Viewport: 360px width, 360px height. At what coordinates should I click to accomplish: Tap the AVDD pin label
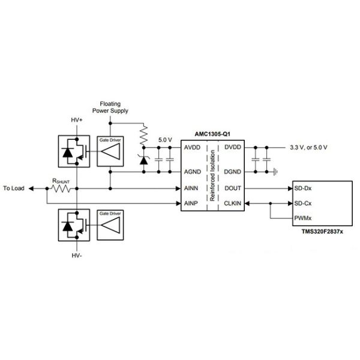192,148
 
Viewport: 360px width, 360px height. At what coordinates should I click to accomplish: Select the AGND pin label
192,171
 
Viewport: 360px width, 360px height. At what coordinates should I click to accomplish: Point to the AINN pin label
191,188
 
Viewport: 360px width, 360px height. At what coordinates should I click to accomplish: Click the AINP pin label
191,203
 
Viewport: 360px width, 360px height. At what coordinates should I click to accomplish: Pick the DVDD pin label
232,148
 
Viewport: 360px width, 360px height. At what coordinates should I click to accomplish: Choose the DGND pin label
232,171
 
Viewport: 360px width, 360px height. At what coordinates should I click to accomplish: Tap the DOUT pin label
232,188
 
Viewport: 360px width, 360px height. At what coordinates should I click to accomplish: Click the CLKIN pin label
232,203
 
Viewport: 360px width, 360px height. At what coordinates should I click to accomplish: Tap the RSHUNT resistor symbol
62,188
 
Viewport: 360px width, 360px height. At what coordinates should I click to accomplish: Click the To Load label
14,188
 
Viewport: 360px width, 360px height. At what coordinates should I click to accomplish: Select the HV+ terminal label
77,120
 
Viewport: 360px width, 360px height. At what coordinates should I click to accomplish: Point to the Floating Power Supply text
110,107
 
